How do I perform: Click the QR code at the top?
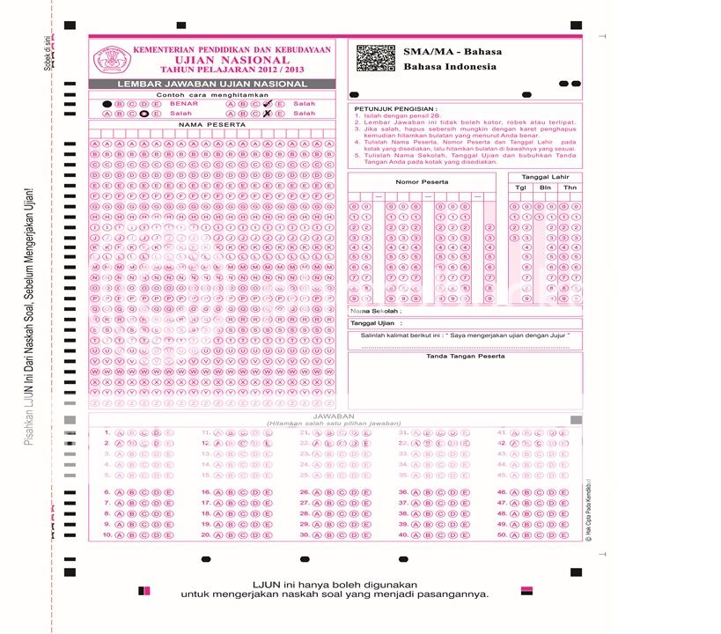(376, 57)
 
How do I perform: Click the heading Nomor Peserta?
(422, 182)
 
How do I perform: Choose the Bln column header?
(546, 188)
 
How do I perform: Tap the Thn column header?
(570, 188)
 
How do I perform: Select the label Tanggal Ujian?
(372, 324)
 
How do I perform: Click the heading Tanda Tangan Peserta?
(465, 357)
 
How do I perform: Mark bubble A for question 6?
(120, 493)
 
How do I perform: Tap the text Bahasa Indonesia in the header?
(450, 67)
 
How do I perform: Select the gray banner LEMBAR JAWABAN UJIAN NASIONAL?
(212, 84)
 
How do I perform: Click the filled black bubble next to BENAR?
(107, 104)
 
